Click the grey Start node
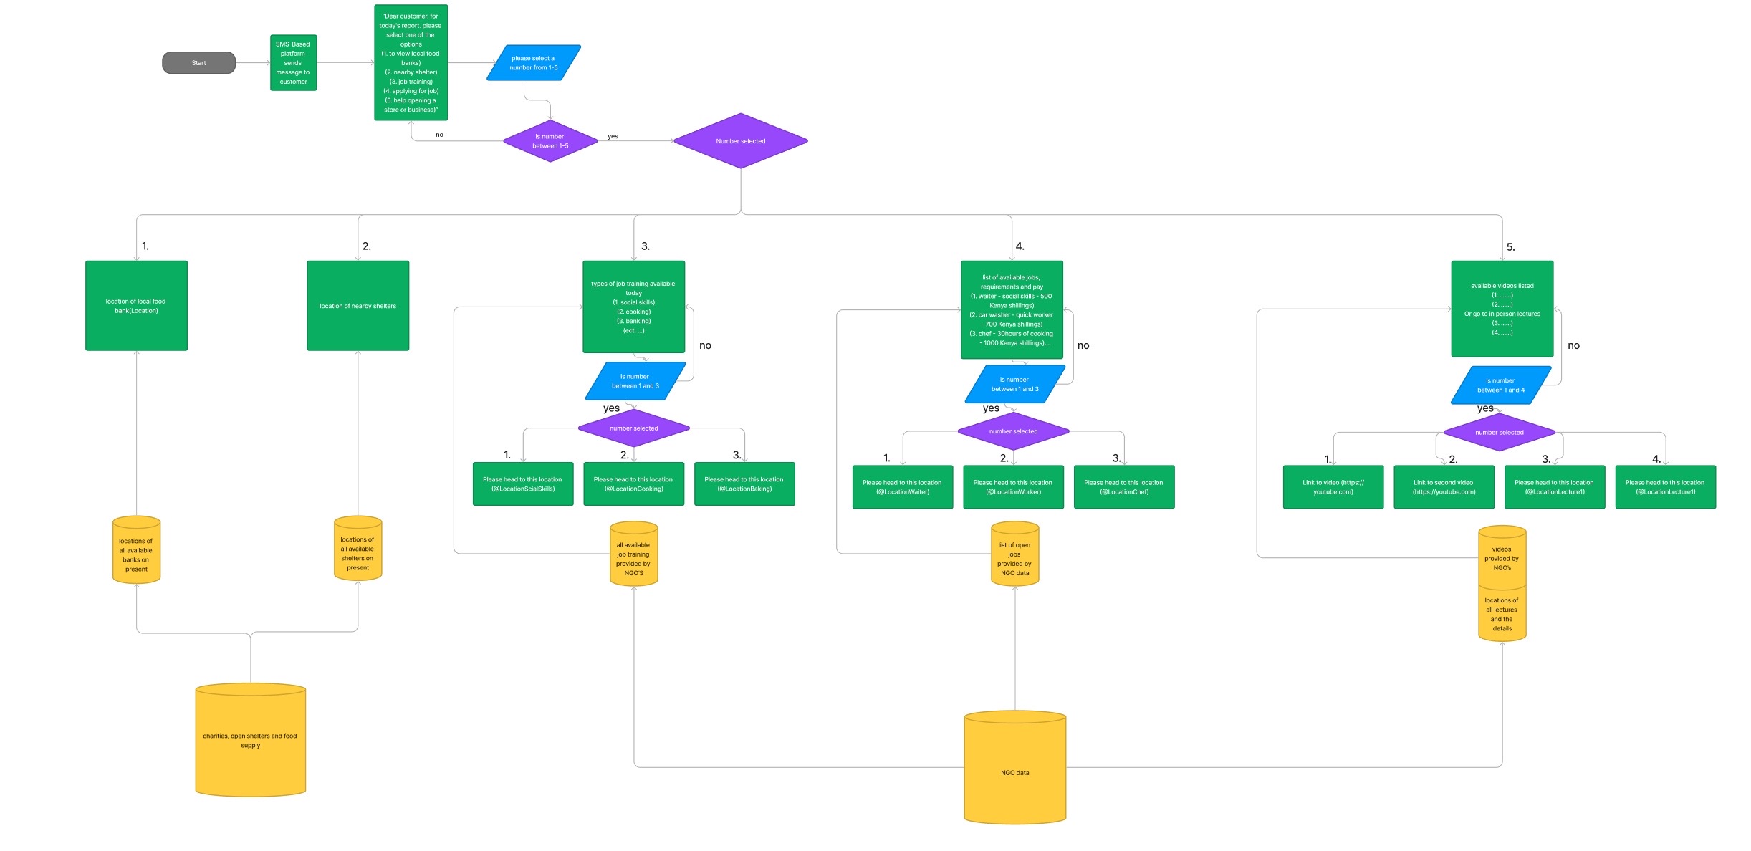pyautogui.click(x=198, y=63)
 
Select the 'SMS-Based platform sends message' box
pyautogui.click(x=293, y=63)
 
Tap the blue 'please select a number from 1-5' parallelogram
pyautogui.click(x=533, y=63)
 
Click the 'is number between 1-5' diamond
pyautogui.click(x=550, y=141)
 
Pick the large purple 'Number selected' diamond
pyautogui.click(x=740, y=141)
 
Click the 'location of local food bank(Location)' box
pyautogui.click(x=136, y=306)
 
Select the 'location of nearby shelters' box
pyautogui.click(x=358, y=306)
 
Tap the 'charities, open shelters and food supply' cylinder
pyautogui.click(x=250, y=741)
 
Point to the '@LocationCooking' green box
pyautogui.click(x=633, y=484)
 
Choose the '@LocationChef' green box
pyautogui.click(x=1123, y=487)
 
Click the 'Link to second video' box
pyautogui.click(x=1444, y=487)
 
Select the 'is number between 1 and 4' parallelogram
pyautogui.click(x=1500, y=385)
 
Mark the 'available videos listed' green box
pyautogui.click(x=1502, y=309)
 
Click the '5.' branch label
pyautogui.click(x=1510, y=247)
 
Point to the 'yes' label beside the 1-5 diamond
pyautogui.click(x=613, y=136)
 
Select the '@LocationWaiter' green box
pyautogui.click(x=902, y=487)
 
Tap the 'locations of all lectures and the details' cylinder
pyautogui.click(x=1502, y=615)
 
